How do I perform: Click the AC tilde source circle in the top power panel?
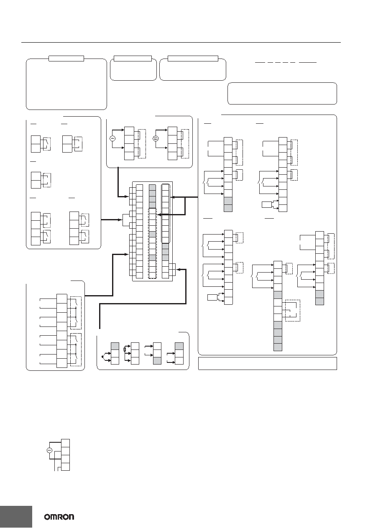click(x=112, y=138)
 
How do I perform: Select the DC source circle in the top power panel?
click(x=156, y=138)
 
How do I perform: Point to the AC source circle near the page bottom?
click(x=49, y=450)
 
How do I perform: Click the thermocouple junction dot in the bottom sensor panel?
click(x=102, y=357)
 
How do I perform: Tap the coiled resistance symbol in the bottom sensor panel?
click(x=125, y=349)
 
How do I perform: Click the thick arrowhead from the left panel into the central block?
click(x=120, y=220)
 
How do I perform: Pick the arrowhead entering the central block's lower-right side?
click(x=178, y=269)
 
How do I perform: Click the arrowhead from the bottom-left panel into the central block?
click(x=127, y=254)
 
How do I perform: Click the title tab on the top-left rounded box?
click(x=66, y=59)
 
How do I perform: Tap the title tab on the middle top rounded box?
click(x=133, y=59)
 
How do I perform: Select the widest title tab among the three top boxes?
click(x=193, y=59)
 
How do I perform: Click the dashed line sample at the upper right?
click(x=286, y=63)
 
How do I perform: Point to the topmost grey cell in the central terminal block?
click(x=152, y=188)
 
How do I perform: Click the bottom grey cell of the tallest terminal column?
click(x=278, y=347)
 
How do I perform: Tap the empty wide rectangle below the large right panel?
click(x=268, y=363)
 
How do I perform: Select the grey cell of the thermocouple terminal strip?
click(x=115, y=346)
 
